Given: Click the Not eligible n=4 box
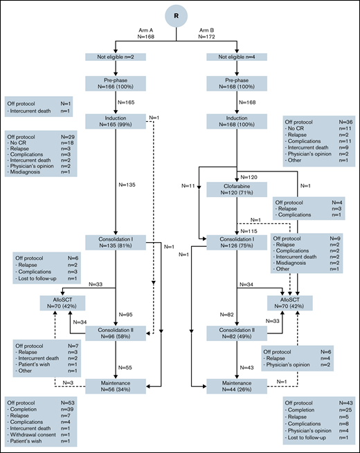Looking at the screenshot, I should tap(237, 59).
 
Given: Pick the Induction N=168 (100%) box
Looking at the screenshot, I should tap(237, 122).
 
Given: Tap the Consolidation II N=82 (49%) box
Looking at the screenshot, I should tap(237, 334).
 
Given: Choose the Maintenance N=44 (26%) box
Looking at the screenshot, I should tap(237, 386).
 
